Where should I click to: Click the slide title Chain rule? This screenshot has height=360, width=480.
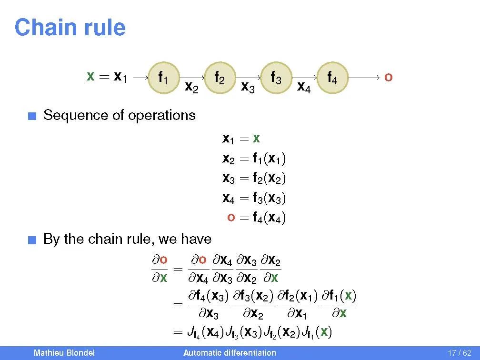(70, 28)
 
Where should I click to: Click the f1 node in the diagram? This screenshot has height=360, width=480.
(163, 77)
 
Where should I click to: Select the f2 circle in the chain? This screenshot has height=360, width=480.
(219, 77)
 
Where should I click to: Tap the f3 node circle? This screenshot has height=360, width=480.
(275, 77)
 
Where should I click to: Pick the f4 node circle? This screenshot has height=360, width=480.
(332, 77)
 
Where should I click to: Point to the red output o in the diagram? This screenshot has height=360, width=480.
(388, 77)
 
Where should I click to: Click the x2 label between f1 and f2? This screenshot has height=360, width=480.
(191, 87)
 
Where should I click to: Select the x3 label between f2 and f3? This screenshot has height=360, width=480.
(248, 87)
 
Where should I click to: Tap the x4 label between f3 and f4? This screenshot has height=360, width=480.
(304, 87)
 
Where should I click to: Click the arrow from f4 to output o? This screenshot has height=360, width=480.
(364, 77)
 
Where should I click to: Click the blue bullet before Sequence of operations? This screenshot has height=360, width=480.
(31, 116)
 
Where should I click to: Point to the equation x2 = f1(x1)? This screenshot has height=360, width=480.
(254, 159)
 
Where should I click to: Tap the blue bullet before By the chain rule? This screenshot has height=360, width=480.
(31, 240)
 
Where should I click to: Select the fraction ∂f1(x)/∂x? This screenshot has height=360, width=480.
(339, 304)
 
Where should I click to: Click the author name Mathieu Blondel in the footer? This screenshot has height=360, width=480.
(64, 353)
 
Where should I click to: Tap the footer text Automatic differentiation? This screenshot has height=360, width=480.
(230, 353)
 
